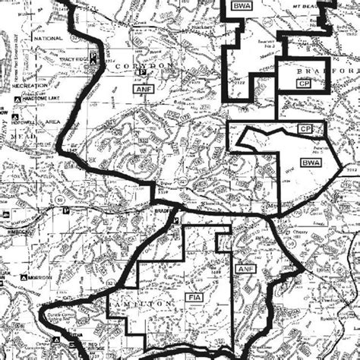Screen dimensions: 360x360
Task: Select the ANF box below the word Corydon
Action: [144, 90]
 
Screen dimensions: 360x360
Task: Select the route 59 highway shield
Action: [37, 200]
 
